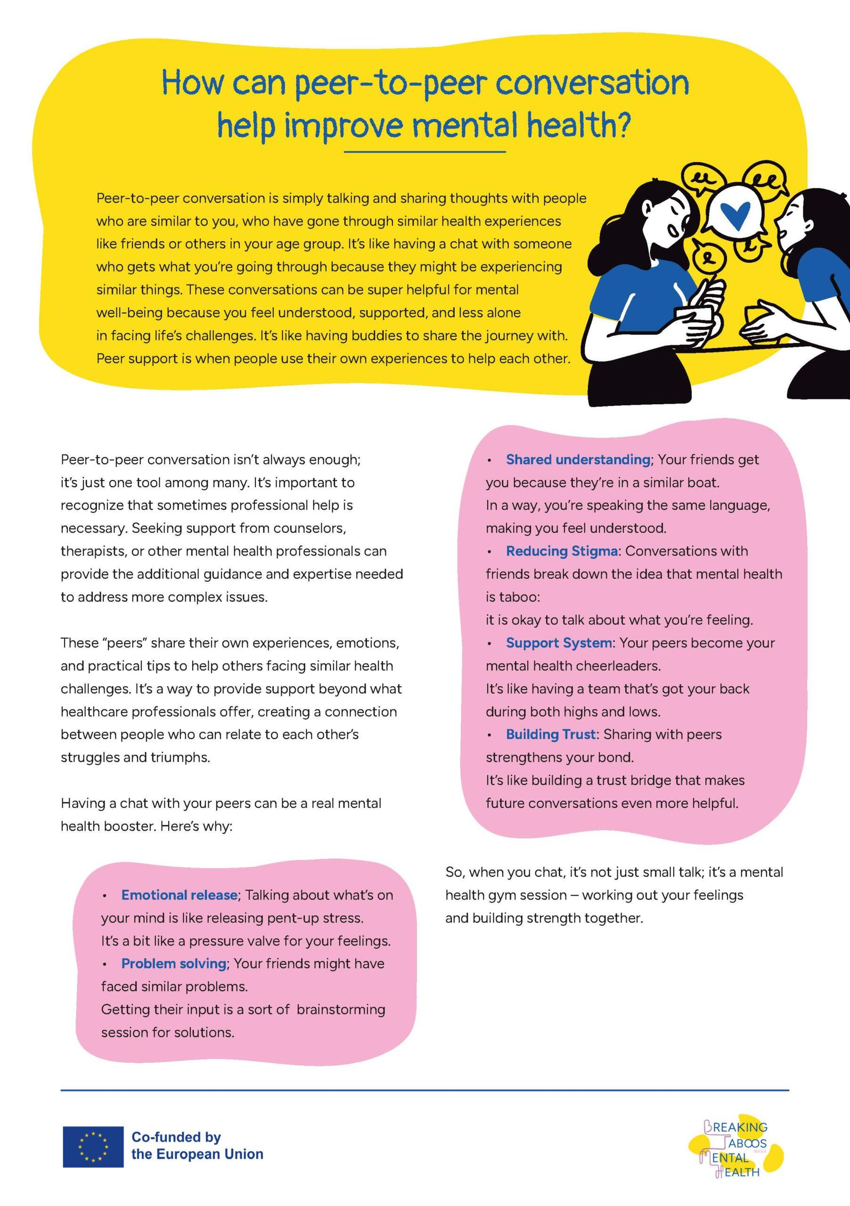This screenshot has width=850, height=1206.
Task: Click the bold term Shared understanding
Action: (578, 460)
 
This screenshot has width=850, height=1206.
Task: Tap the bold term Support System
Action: (559, 643)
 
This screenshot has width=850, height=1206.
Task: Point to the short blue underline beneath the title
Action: (425, 152)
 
